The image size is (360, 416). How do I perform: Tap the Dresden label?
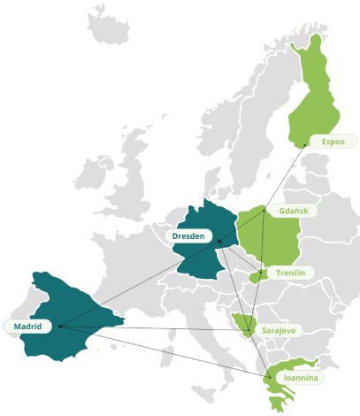(x=188, y=236)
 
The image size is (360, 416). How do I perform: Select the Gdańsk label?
(x=292, y=212)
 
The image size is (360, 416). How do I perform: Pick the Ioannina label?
(x=297, y=378)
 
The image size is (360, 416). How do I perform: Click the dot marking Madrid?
(x=60, y=326)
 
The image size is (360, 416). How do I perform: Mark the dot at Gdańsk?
(x=264, y=212)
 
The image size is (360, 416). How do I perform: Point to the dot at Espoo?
(x=306, y=144)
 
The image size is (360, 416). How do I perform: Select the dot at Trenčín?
(x=259, y=272)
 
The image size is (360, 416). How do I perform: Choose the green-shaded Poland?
(x=274, y=239)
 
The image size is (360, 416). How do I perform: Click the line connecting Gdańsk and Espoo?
(x=285, y=178)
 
